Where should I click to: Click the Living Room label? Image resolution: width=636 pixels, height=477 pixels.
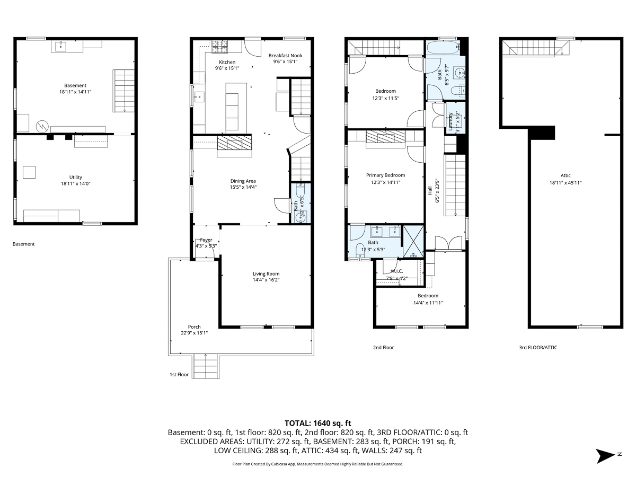(x=266, y=273)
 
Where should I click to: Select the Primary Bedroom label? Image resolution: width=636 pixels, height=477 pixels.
(x=385, y=175)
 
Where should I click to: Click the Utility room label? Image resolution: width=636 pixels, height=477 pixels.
(x=75, y=177)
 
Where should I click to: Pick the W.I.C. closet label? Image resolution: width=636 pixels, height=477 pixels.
(x=397, y=271)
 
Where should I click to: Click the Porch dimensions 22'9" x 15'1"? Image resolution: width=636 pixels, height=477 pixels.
(x=194, y=333)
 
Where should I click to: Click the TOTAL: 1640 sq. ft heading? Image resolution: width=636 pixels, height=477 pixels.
(x=318, y=423)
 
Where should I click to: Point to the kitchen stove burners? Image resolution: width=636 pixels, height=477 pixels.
(x=219, y=47)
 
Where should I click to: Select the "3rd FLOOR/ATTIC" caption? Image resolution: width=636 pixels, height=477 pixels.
(x=538, y=348)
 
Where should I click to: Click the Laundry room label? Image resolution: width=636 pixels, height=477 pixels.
(x=451, y=121)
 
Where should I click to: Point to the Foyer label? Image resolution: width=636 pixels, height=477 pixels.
(x=206, y=240)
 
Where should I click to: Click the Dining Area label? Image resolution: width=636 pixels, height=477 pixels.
(x=243, y=181)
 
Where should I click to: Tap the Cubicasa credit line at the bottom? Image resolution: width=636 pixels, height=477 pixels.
(x=318, y=464)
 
